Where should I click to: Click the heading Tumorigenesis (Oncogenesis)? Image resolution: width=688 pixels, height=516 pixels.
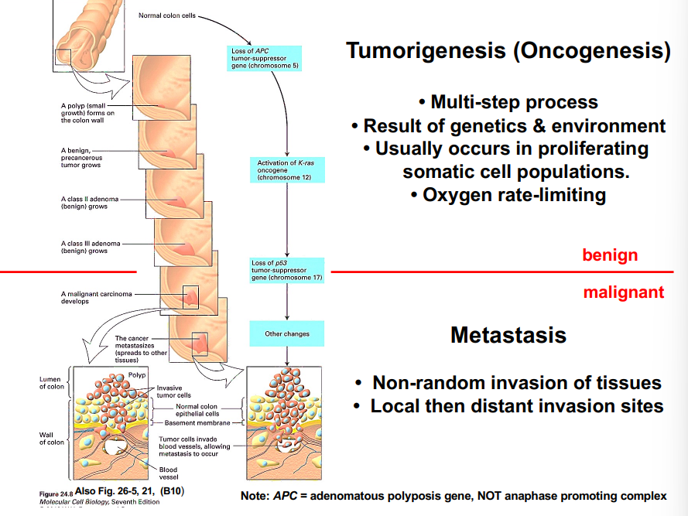point(508,52)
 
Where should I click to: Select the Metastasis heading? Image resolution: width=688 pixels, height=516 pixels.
point(508,335)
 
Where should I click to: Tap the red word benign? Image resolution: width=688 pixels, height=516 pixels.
point(611,255)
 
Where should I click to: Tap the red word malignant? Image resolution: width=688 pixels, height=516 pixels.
point(623,292)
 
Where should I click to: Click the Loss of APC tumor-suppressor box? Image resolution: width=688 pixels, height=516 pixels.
point(265,59)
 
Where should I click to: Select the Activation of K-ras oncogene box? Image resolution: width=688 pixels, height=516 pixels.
point(286,170)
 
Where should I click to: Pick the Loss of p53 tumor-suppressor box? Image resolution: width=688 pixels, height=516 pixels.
point(287,271)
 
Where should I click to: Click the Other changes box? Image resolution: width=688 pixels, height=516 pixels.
point(287,334)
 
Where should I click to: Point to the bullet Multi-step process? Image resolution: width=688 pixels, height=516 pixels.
point(508,102)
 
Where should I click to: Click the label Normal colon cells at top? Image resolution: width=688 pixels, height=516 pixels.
point(166,15)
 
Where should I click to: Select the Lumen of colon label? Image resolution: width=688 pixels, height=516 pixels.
point(52,383)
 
